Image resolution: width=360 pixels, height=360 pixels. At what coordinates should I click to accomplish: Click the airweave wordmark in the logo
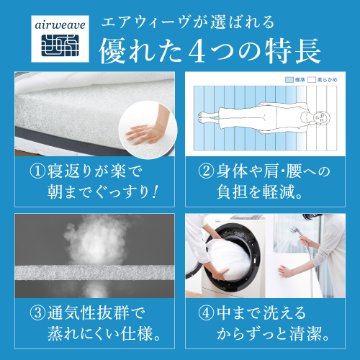[60, 25]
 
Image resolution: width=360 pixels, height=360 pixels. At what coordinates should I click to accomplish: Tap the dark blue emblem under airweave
[60, 45]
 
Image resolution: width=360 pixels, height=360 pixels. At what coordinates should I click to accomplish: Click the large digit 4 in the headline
[197, 51]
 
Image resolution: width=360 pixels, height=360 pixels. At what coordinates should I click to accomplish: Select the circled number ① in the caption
[37, 171]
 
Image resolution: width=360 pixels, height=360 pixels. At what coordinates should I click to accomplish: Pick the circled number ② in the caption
[206, 171]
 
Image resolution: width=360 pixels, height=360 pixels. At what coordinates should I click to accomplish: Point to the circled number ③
[37, 313]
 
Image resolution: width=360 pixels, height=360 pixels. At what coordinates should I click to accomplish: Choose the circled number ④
[206, 313]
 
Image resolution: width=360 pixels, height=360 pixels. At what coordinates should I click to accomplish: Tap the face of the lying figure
[322, 117]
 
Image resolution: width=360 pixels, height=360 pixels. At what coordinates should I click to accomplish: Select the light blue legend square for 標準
[289, 80]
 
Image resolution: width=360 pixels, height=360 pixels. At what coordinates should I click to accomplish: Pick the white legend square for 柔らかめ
[312, 80]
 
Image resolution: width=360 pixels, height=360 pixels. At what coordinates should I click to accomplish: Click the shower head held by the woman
[294, 230]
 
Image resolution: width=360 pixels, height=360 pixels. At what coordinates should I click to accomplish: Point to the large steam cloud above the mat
[96, 240]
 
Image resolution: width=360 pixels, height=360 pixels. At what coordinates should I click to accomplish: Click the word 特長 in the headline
[293, 51]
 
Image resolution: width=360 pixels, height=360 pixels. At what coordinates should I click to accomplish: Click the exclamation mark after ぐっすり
[155, 192]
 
